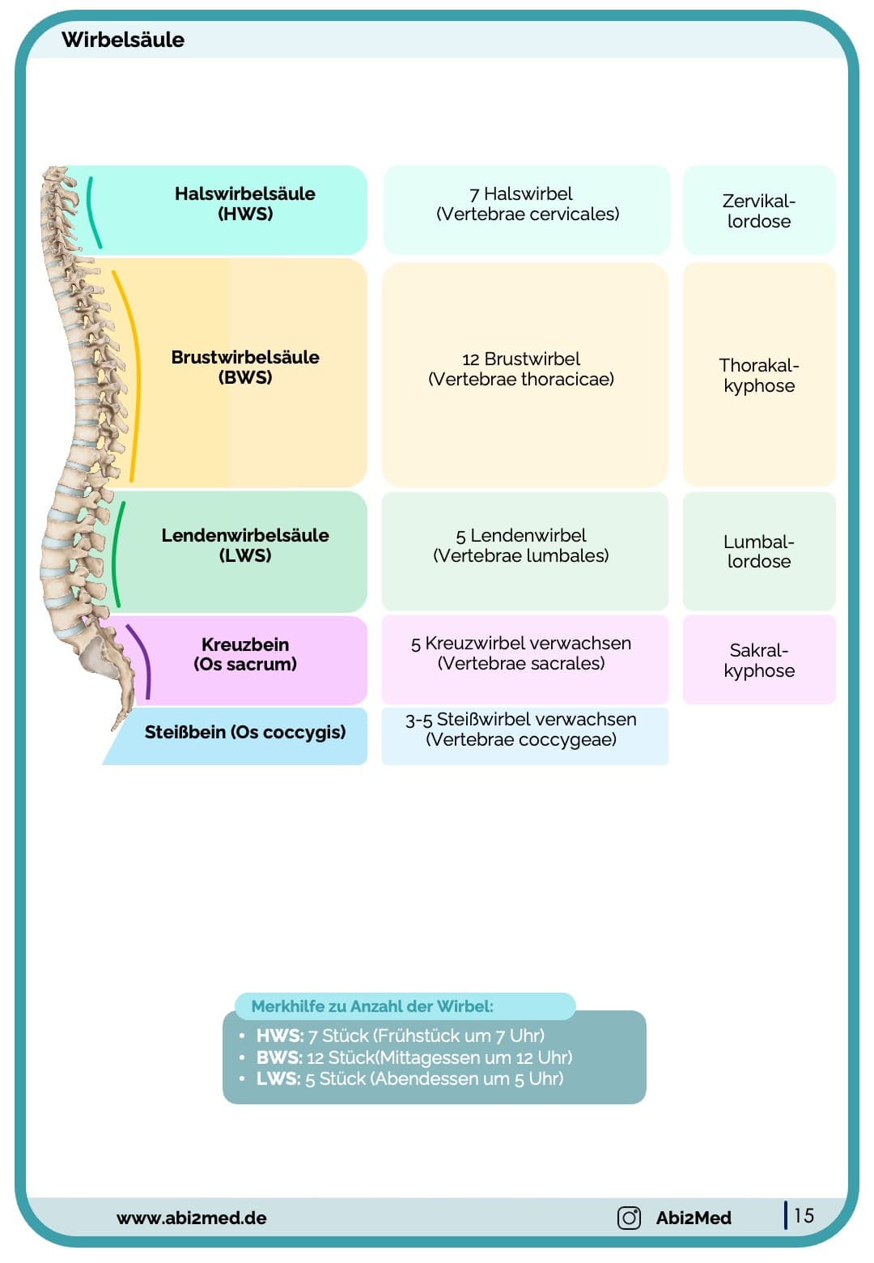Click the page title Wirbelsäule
pyautogui.click(x=123, y=40)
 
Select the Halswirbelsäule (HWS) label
pyautogui.click(x=245, y=204)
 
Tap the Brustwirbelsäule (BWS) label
pyautogui.click(x=245, y=368)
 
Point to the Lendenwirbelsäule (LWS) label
pyautogui.click(x=245, y=546)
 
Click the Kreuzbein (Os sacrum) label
pyautogui.click(x=245, y=654)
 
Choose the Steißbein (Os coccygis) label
pyautogui.click(x=245, y=733)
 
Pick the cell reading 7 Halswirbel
pyautogui.click(x=527, y=204)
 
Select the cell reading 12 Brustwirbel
pyautogui.click(x=521, y=369)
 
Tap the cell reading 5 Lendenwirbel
pyautogui.click(x=521, y=546)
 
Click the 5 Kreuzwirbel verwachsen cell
pyautogui.click(x=521, y=653)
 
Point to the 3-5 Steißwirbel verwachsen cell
pyautogui.click(x=521, y=729)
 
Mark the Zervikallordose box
pyautogui.click(x=758, y=211)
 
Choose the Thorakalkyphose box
pyautogui.click(x=758, y=376)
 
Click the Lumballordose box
pyautogui.click(x=758, y=551)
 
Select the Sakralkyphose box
pyautogui.click(x=758, y=661)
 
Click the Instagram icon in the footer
pyautogui.click(x=629, y=1218)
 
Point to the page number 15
pyautogui.click(x=804, y=1216)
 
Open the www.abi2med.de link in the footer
pyautogui.click(x=192, y=1218)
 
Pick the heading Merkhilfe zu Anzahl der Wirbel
pyautogui.click(x=372, y=1006)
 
